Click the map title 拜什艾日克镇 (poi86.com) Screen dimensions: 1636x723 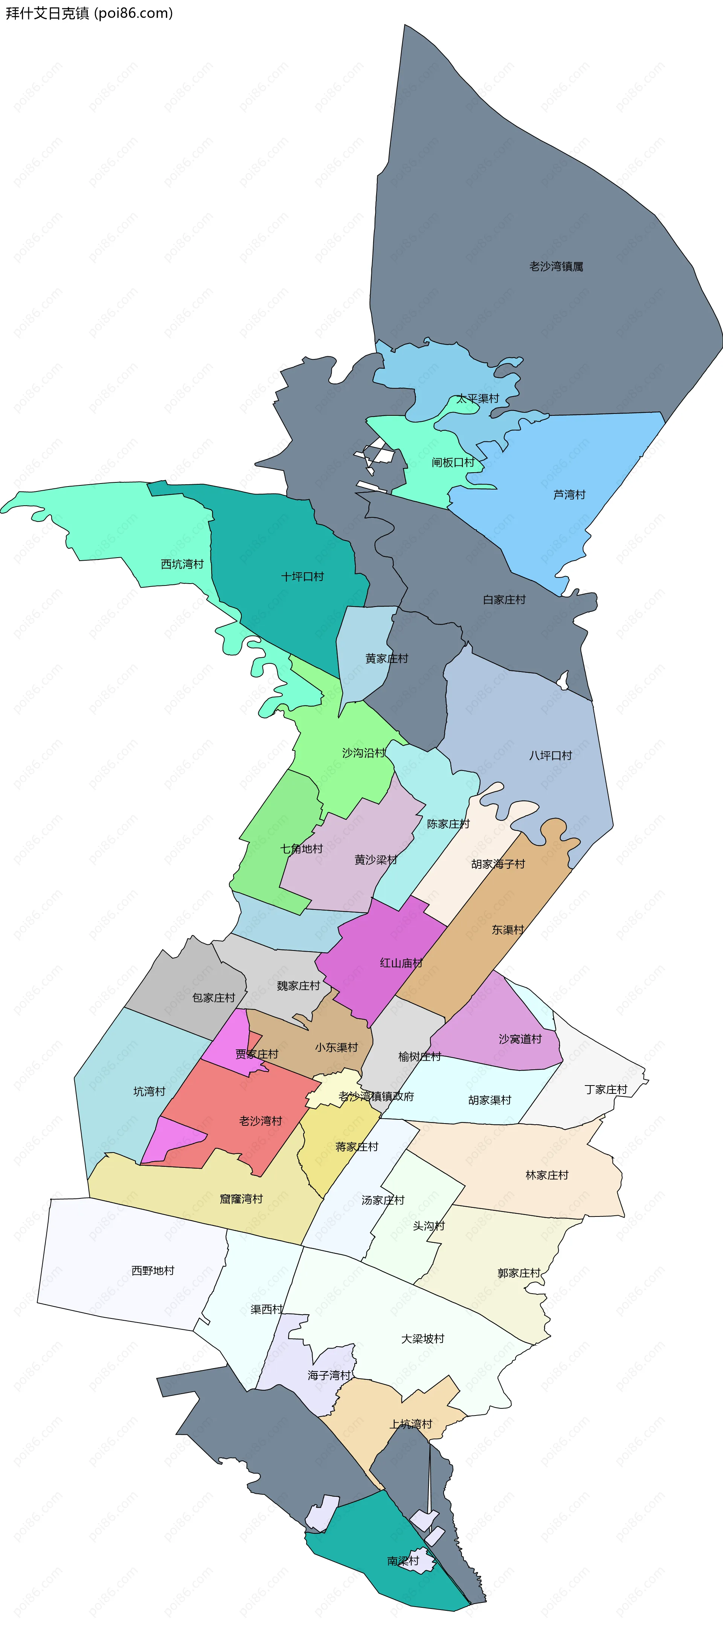pos(89,13)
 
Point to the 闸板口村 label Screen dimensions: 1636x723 pos(453,462)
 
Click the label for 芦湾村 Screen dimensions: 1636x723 pos(569,495)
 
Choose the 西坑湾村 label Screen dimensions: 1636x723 pos(182,564)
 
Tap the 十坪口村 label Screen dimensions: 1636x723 pos(302,577)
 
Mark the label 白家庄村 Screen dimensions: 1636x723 pos(505,599)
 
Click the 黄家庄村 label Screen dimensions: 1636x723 pos(386,658)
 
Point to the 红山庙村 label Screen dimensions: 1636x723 pos(401,963)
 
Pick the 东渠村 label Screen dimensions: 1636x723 pos(508,930)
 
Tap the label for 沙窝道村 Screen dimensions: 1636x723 pos(520,1039)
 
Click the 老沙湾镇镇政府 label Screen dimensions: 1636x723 pos(376,1096)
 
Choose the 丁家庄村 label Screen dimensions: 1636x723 pos(606,1089)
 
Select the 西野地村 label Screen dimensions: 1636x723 pos(153,1270)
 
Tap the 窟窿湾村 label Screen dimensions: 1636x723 pos(241,1198)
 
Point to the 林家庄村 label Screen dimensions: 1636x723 pos(546,1175)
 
